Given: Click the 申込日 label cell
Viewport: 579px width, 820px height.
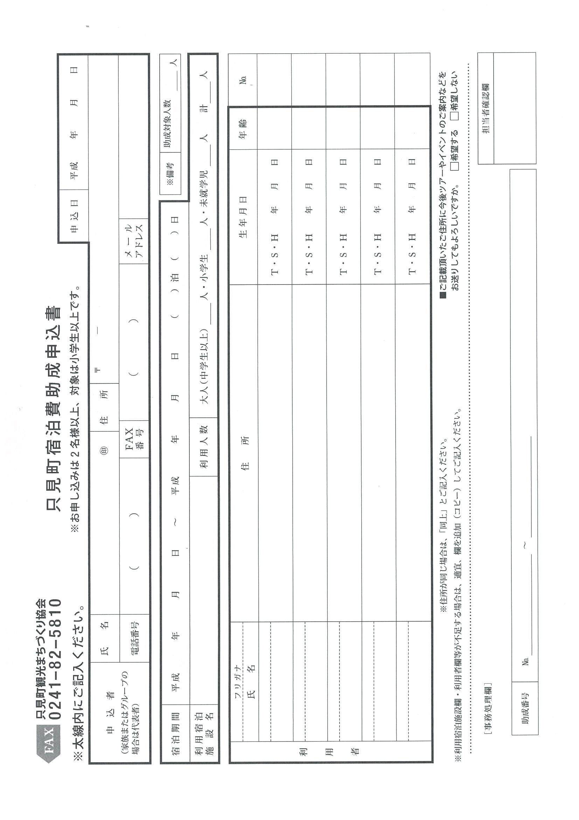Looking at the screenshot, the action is [x=74, y=216].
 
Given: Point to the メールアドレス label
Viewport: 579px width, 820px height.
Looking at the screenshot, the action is [x=134, y=241].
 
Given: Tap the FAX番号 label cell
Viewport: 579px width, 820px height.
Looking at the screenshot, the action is [x=134, y=439].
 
